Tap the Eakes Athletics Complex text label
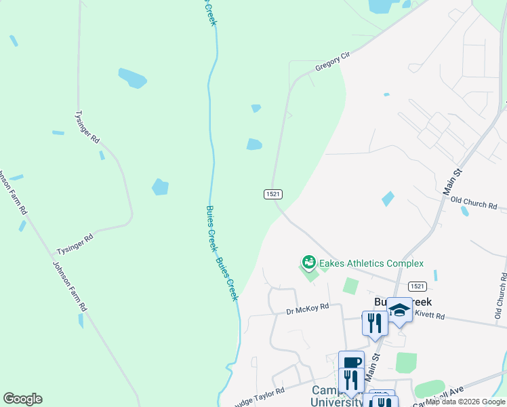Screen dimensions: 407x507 pyautogui.click(x=371, y=263)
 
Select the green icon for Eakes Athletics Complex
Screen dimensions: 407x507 pyautogui.click(x=308, y=261)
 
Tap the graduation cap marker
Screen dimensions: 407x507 pyautogui.click(x=399, y=310)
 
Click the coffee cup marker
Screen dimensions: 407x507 pyautogui.click(x=351, y=363)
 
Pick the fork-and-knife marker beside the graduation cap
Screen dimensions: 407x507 pyautogui.click(x=374, y=323)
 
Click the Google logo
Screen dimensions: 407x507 pyautogui.click(x=22, y=399)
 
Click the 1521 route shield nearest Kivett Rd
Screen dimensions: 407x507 pyautogui.click(x=418, y=286)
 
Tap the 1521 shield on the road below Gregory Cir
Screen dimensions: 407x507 pyautogui.click(x=272, y=194)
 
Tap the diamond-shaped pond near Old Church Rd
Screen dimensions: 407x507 pyautogui.click(x=388, y=199)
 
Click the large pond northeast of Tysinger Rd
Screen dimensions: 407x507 pyautogui.click(x=132, y=78)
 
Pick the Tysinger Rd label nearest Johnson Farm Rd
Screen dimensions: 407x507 pyautogui.click(x=75, y=240)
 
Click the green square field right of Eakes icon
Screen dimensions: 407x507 pyautogui.click(x=350, y=286)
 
